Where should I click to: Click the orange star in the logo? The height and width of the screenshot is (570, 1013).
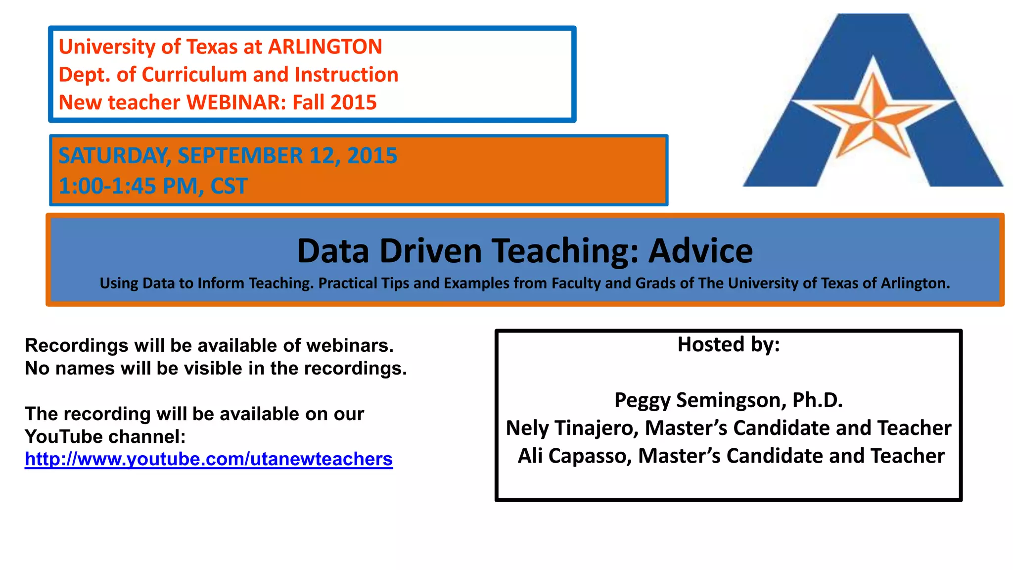[x=874, y=119]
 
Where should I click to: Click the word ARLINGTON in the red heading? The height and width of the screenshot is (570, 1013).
[x=325, y=47]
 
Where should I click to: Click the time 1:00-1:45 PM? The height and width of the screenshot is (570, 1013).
[x=128, y=187]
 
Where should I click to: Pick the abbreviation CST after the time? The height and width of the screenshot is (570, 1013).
[x=229, y=187]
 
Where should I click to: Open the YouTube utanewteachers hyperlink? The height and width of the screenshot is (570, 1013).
[x=209, y=460]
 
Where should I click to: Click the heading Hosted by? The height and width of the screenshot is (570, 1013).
[x=728, y=344]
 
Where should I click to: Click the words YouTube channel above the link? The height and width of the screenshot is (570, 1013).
[x=105, y=437]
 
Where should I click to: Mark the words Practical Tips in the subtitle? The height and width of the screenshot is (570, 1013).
[x=364, y=284]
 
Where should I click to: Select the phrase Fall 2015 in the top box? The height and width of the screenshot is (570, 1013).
[x=334, y=103]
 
